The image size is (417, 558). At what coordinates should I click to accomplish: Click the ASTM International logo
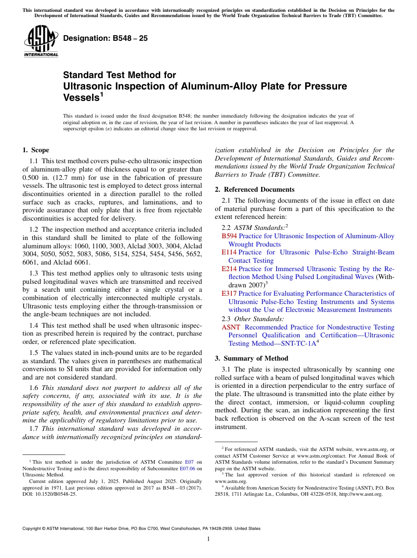pos(41,40)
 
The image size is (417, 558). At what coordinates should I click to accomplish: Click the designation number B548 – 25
pos(105,38)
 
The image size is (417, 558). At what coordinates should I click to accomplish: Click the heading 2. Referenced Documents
pos(255,190)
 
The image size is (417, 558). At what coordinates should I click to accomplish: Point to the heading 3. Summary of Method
pos(251,358)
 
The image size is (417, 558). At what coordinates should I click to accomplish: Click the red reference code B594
pos(229,236)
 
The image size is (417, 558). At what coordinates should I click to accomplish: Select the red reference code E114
pos(229,252)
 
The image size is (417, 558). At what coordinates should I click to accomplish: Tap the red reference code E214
pos(229,269)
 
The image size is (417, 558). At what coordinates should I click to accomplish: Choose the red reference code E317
pos(229,293)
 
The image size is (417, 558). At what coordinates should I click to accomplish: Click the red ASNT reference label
pos(231,327)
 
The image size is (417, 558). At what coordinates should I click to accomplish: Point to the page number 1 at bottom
pos(208,539)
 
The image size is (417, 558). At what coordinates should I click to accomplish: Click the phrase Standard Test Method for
pos(119,75)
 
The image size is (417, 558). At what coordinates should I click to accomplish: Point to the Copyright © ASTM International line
pos(141,529)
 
